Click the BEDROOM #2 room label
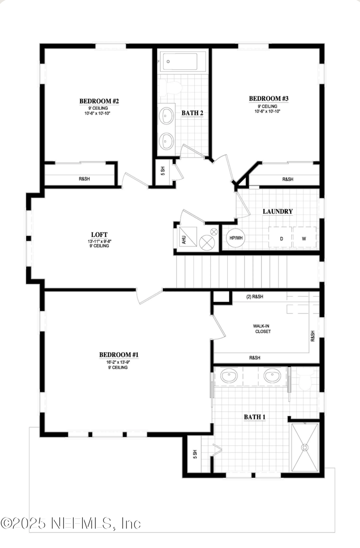(x=99, y=101)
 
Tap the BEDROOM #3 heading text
(x=269, y=99)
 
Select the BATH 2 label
(x=192, y=113)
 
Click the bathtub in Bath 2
(x=180, y=61)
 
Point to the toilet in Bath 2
(x=172, y=87)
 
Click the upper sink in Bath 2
(x=166, y=116)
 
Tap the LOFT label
(x=99, y=234)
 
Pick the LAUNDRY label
(x=278, y=211)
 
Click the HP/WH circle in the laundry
(x=236, y=238)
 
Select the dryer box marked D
(x=280, y=237)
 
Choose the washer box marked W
(x=305, y=237)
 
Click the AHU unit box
(x=188, y=237)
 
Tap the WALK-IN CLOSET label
(x=262, y=328)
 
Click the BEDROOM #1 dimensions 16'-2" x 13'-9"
(x=118, y=362)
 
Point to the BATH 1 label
(x=255, y=417)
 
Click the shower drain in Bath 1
(x=305, y=448)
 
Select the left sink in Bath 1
(x=229, y=375)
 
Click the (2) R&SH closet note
(x=255, y=296)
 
